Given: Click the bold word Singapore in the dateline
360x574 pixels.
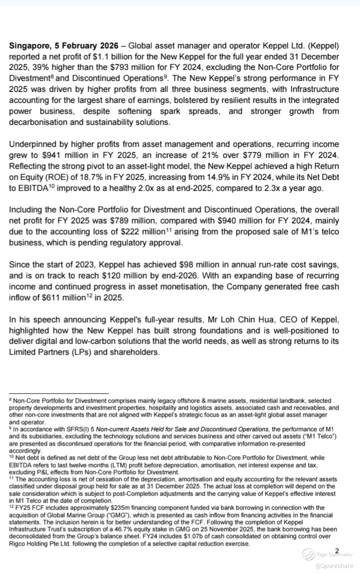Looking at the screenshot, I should pos(29,45).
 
